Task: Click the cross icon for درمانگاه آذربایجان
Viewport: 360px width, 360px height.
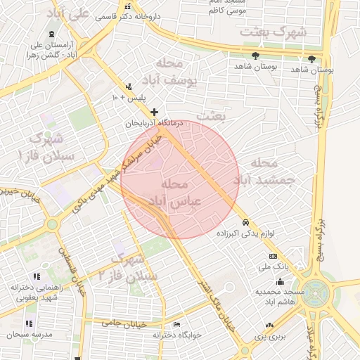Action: pos(155,112)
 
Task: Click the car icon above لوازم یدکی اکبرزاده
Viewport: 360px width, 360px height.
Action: pos(245,223)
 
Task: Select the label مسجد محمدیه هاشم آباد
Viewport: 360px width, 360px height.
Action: pos(278,296)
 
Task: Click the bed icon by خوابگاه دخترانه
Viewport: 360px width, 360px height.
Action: pos(176,324)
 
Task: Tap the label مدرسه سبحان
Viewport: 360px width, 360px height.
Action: pos(29,335)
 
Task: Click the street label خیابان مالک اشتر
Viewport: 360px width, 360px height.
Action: pos(216,304)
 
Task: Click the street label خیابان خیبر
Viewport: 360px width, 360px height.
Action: pos(17,191)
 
